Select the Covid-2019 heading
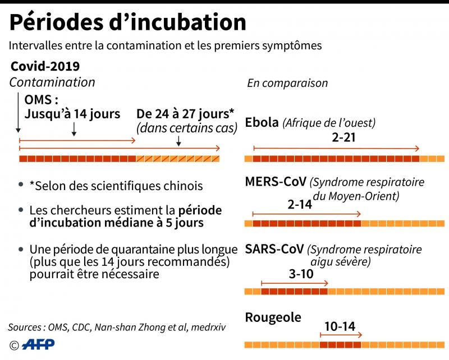[x=45, y=66]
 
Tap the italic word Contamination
[x=52, y=82]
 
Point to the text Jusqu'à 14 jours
[x=72, y=114]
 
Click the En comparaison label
[x=287, y=83]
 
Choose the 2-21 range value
[x=344, y=137]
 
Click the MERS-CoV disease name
[x=275, y=182]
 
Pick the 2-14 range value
[x=299, y=205]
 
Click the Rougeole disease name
[x=273, y=317]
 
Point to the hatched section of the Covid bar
[x=177, y=159]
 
